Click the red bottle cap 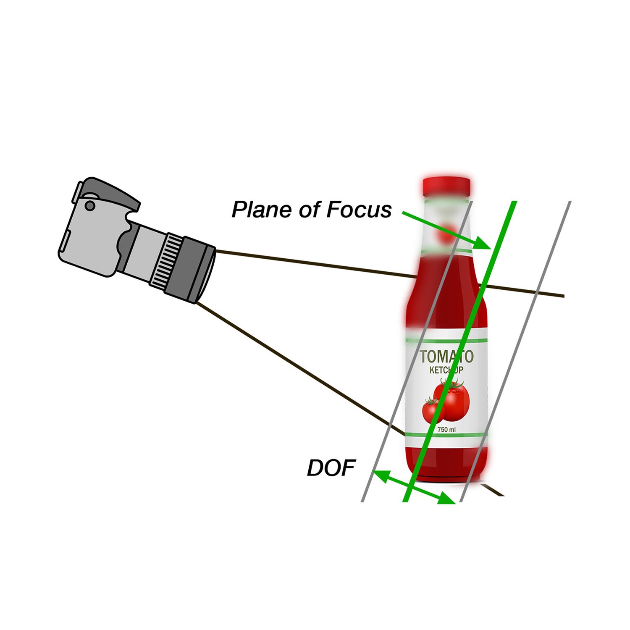[446, 186]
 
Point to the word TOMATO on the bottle [446, 357]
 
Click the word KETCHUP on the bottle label [446, 370]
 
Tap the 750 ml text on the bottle [446, 430]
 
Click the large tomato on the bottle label [451, 399]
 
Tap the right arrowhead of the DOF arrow [447, 499]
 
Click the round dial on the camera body [90, 205]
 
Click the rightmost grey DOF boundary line [515, 352]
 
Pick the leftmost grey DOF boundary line [417, 352]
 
